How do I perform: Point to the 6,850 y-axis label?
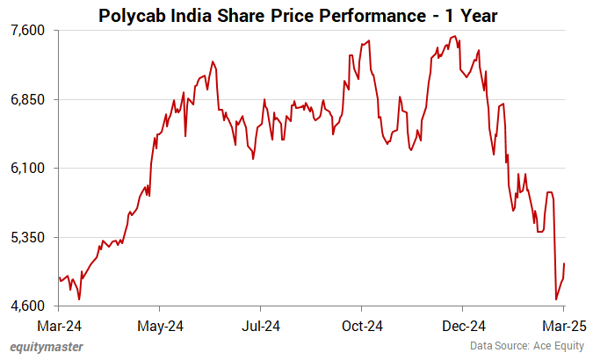27,99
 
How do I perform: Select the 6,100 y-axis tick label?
27,168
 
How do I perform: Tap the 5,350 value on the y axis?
27,237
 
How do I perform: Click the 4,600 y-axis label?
27,306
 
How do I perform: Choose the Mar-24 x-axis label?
59,327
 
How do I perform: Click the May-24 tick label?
160,327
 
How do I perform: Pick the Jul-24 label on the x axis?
261,327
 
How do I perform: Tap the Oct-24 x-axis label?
362,327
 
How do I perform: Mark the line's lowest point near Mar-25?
556,299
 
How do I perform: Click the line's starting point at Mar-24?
59,277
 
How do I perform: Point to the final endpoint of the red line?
564,263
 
